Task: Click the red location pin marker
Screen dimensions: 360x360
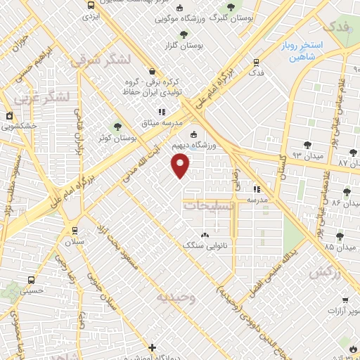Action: pos(181,165)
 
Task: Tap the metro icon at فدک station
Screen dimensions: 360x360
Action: pos(255,61)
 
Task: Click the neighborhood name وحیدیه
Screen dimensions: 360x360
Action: pos(174,297)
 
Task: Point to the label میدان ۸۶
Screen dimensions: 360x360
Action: pos(326,202)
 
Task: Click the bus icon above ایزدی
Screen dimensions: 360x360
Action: pos(91,5)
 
